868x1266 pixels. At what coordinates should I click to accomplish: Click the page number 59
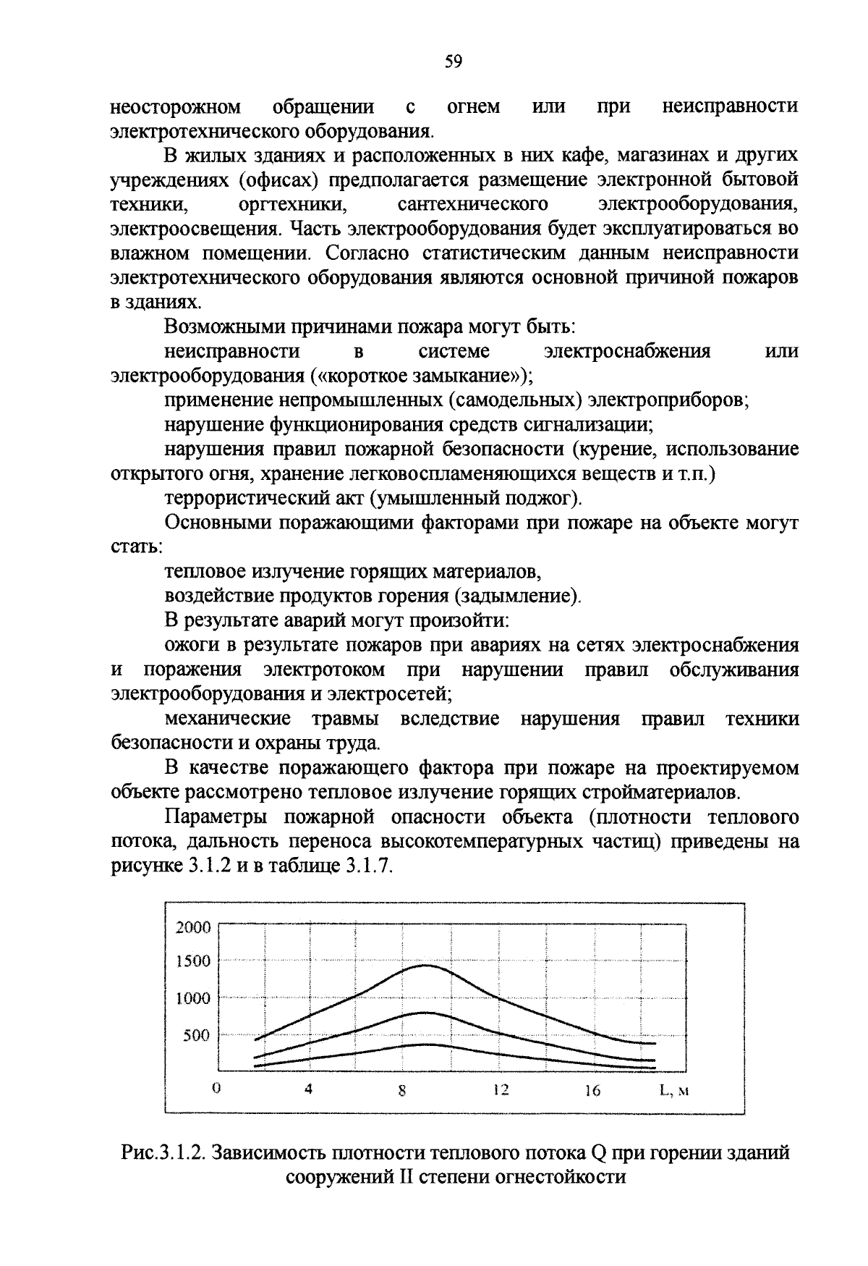point(454,62)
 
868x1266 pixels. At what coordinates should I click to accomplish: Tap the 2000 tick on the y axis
point(193,928)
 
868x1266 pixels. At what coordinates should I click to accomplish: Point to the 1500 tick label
point(193,961)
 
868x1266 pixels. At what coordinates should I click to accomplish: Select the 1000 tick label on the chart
point(193,998)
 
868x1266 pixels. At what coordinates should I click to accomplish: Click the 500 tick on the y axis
point(196,1035)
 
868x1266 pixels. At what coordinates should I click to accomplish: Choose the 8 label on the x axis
point(402,1092)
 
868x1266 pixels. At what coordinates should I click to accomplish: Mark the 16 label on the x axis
point(592,1090)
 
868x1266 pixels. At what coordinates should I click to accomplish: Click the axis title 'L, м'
point(673,1090)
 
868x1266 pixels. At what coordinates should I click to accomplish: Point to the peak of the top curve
point(425,965)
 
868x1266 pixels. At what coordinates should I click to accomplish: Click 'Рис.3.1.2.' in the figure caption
point(163,1152)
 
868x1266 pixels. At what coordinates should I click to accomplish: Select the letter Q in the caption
point(597,1152)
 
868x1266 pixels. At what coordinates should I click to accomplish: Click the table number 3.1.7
point(368,866)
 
